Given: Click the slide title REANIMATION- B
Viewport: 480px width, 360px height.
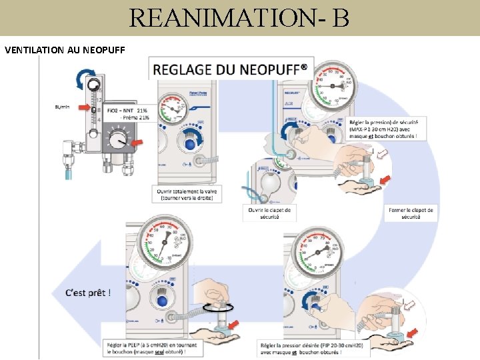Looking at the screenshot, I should tap(239, 17).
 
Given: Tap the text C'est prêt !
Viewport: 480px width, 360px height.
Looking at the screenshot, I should tap(89, 292).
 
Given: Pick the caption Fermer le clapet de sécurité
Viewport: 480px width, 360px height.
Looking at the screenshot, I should tap(411, 213).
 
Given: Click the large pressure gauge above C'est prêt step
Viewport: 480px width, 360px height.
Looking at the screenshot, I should tap(164, 246).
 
